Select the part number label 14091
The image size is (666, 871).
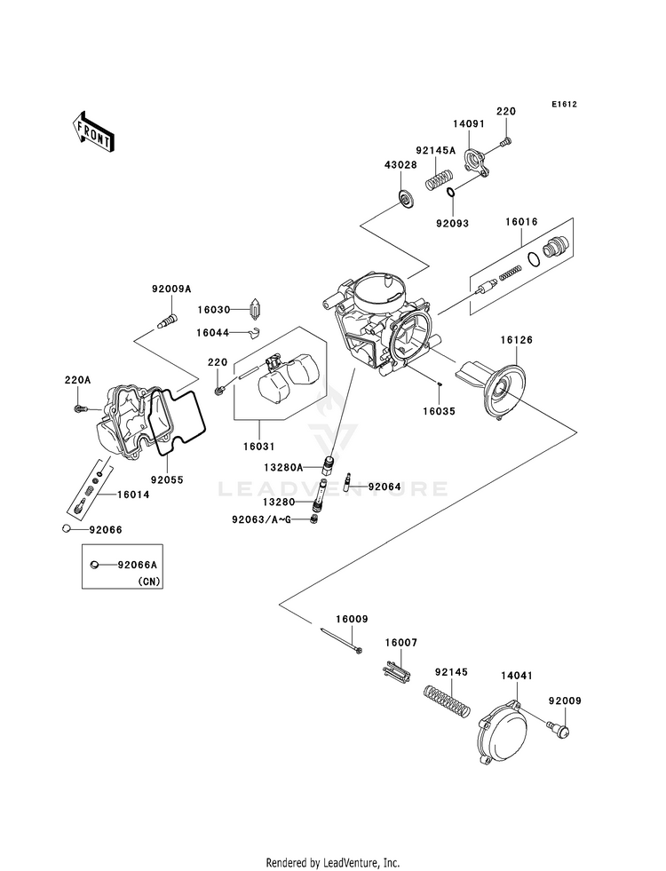[468, 124]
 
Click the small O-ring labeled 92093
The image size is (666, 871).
[451, 193]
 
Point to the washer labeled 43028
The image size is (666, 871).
[406, 198]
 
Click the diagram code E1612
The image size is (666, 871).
[564, 104]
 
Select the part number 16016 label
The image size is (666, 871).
[521, 222]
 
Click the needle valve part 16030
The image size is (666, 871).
[256, 309]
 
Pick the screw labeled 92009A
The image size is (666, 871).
[167, 321]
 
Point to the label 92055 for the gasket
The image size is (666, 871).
[167, 479]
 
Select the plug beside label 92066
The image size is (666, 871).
[67, 528]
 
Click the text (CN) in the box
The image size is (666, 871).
[148, 582]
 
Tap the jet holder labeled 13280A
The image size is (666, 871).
[329, 464]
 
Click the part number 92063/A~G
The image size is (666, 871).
[261, 520]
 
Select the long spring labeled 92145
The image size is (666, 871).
[448, 699]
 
